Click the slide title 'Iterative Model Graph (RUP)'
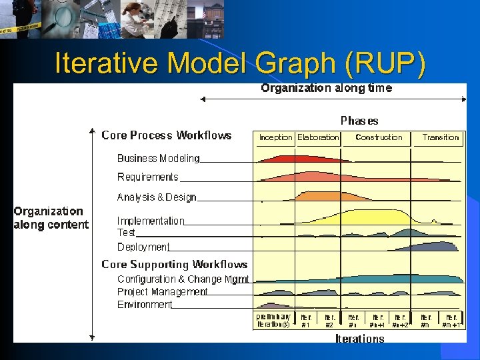point(239,63)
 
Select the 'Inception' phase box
point(275,137)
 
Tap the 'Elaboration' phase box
point(318,137)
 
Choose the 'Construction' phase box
point(379,137)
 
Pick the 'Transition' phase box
point(441,137)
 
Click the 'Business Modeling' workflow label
point(158,159)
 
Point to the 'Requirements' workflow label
point(148,177)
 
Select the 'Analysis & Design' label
point(157,197)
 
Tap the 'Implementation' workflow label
point(151,221)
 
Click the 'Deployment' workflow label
point(143,247)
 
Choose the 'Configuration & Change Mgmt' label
point(183,279)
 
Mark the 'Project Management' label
point(163,292)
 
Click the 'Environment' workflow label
point(145,305)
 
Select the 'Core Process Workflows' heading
point(167,135)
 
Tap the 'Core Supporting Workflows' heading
point(175,265)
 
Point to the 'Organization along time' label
point(326,88)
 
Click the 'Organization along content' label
point(51,218)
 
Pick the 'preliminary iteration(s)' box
point(273,321)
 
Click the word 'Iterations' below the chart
point(359,339)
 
